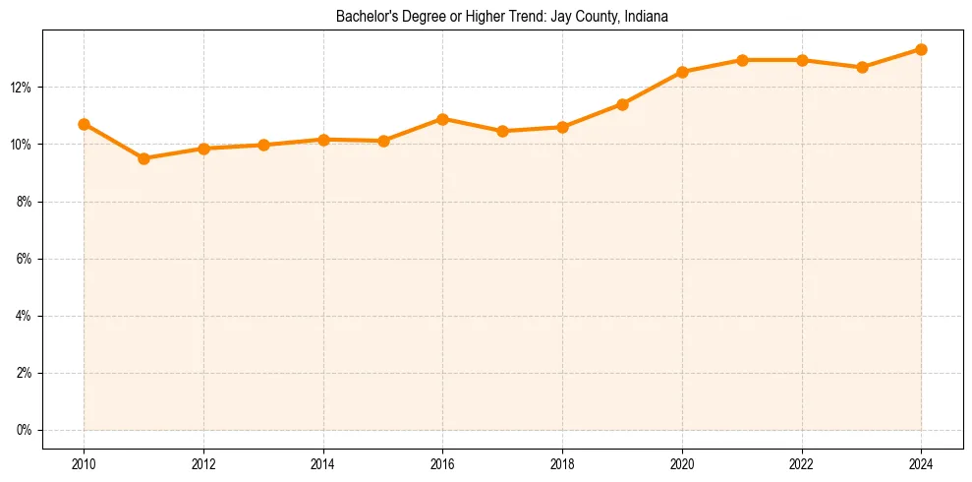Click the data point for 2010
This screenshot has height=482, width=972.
coord(84,124)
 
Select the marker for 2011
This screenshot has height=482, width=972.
coord(143,158)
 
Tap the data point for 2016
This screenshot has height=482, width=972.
coord(442,119)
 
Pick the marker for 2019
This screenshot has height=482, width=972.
coord(622,104)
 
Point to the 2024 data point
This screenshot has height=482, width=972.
coord(921,49)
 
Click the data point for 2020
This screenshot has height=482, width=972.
coord(682,72)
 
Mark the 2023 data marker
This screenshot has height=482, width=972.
coord(862,67)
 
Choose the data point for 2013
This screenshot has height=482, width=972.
coord(263,145)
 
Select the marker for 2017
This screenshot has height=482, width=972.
coord(502,131)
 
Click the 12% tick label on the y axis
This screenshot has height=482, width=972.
coord(22,88)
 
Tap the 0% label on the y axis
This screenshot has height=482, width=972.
coord(24,430)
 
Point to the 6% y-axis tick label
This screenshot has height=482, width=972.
coord(24,259)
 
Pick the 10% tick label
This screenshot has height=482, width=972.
coord(22,145)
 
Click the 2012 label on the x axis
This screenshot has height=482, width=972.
coord(203,464)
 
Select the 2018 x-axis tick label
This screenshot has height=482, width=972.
coord(562,464)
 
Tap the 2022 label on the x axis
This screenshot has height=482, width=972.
coord(802,464)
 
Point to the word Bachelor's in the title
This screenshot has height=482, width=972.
coord(364,17)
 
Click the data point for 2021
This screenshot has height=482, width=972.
coord(742,60)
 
